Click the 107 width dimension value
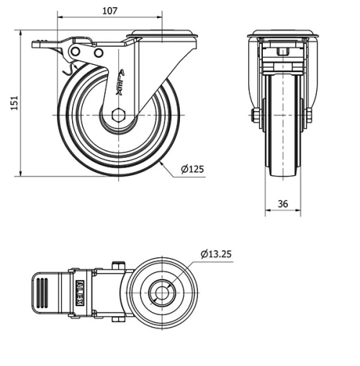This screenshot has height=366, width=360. click(109, 11)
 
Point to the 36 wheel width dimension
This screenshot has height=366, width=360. click(282, 204)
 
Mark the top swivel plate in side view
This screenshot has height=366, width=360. click(162, 34)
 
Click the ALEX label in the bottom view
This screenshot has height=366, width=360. click(81, 293)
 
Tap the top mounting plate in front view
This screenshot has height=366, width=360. click(282, 34)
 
